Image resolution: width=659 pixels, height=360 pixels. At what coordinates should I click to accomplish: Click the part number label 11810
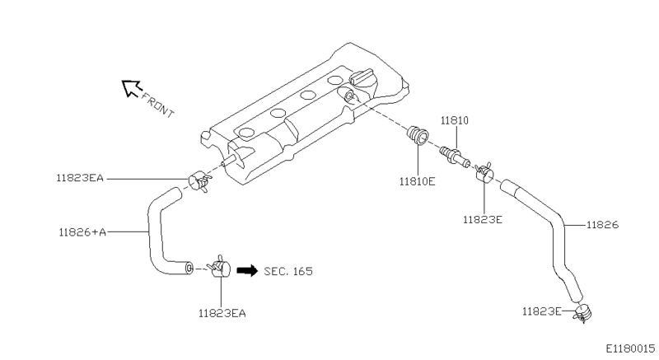[x=455, y=120]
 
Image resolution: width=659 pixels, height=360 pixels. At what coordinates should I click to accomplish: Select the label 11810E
[x=417, y=181]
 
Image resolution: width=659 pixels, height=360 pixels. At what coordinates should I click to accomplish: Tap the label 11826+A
[x=82, y=231]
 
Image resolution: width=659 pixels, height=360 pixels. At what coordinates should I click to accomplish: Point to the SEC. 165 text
[x=288, y=271]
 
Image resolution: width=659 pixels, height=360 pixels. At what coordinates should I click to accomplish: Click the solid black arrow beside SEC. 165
[x=247, y=271]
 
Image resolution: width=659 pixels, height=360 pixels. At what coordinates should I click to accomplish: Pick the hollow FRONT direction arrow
[x=131, y=88]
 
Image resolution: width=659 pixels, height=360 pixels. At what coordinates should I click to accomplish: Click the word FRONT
[x=157, y=105]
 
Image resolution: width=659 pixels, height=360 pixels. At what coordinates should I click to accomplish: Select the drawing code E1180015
[x=630, y=348]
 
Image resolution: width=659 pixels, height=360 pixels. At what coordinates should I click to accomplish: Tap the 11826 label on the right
[x=603, y=225]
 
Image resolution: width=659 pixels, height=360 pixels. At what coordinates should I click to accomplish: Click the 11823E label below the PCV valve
[x=483, y=220]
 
